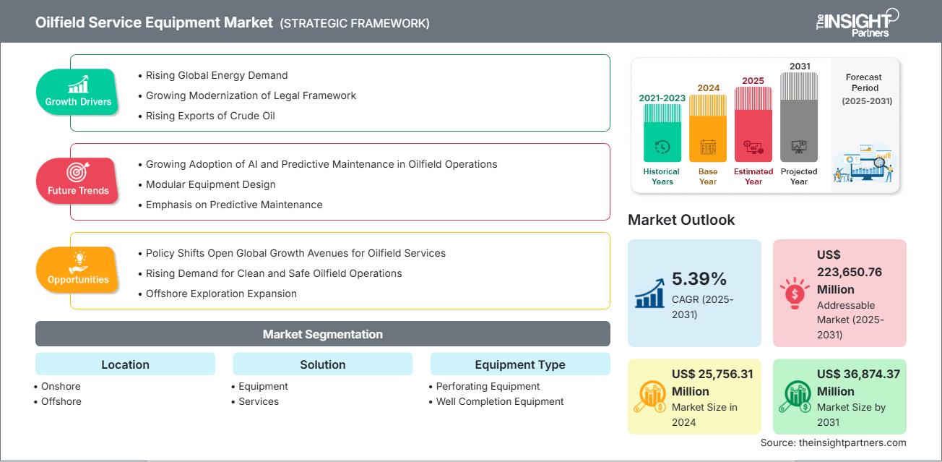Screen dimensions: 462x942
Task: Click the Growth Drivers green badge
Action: click(78, 92)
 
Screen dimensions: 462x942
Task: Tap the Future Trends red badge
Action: click(78, 181)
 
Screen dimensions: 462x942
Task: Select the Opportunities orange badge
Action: click(78, 270)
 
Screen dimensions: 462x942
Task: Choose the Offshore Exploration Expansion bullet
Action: click(221, 294)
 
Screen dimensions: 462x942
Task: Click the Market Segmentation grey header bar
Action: click(322, 334)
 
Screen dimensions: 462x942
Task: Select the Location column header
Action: click(125, 364)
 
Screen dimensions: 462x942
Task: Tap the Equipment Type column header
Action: click(519, 364)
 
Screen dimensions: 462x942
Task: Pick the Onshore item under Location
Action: click(61, 386)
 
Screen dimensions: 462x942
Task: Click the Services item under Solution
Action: click(259, 401)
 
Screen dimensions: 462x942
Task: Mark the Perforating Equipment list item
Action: click(488, 386)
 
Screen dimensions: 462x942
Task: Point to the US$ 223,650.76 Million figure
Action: click(850, 272)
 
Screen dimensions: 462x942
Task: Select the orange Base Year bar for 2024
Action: click(708, 127)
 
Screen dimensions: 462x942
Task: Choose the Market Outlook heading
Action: click(681, 220)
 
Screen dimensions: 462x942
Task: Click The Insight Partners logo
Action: click(856, 22)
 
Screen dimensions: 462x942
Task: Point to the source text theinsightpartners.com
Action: click(833, 442)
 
